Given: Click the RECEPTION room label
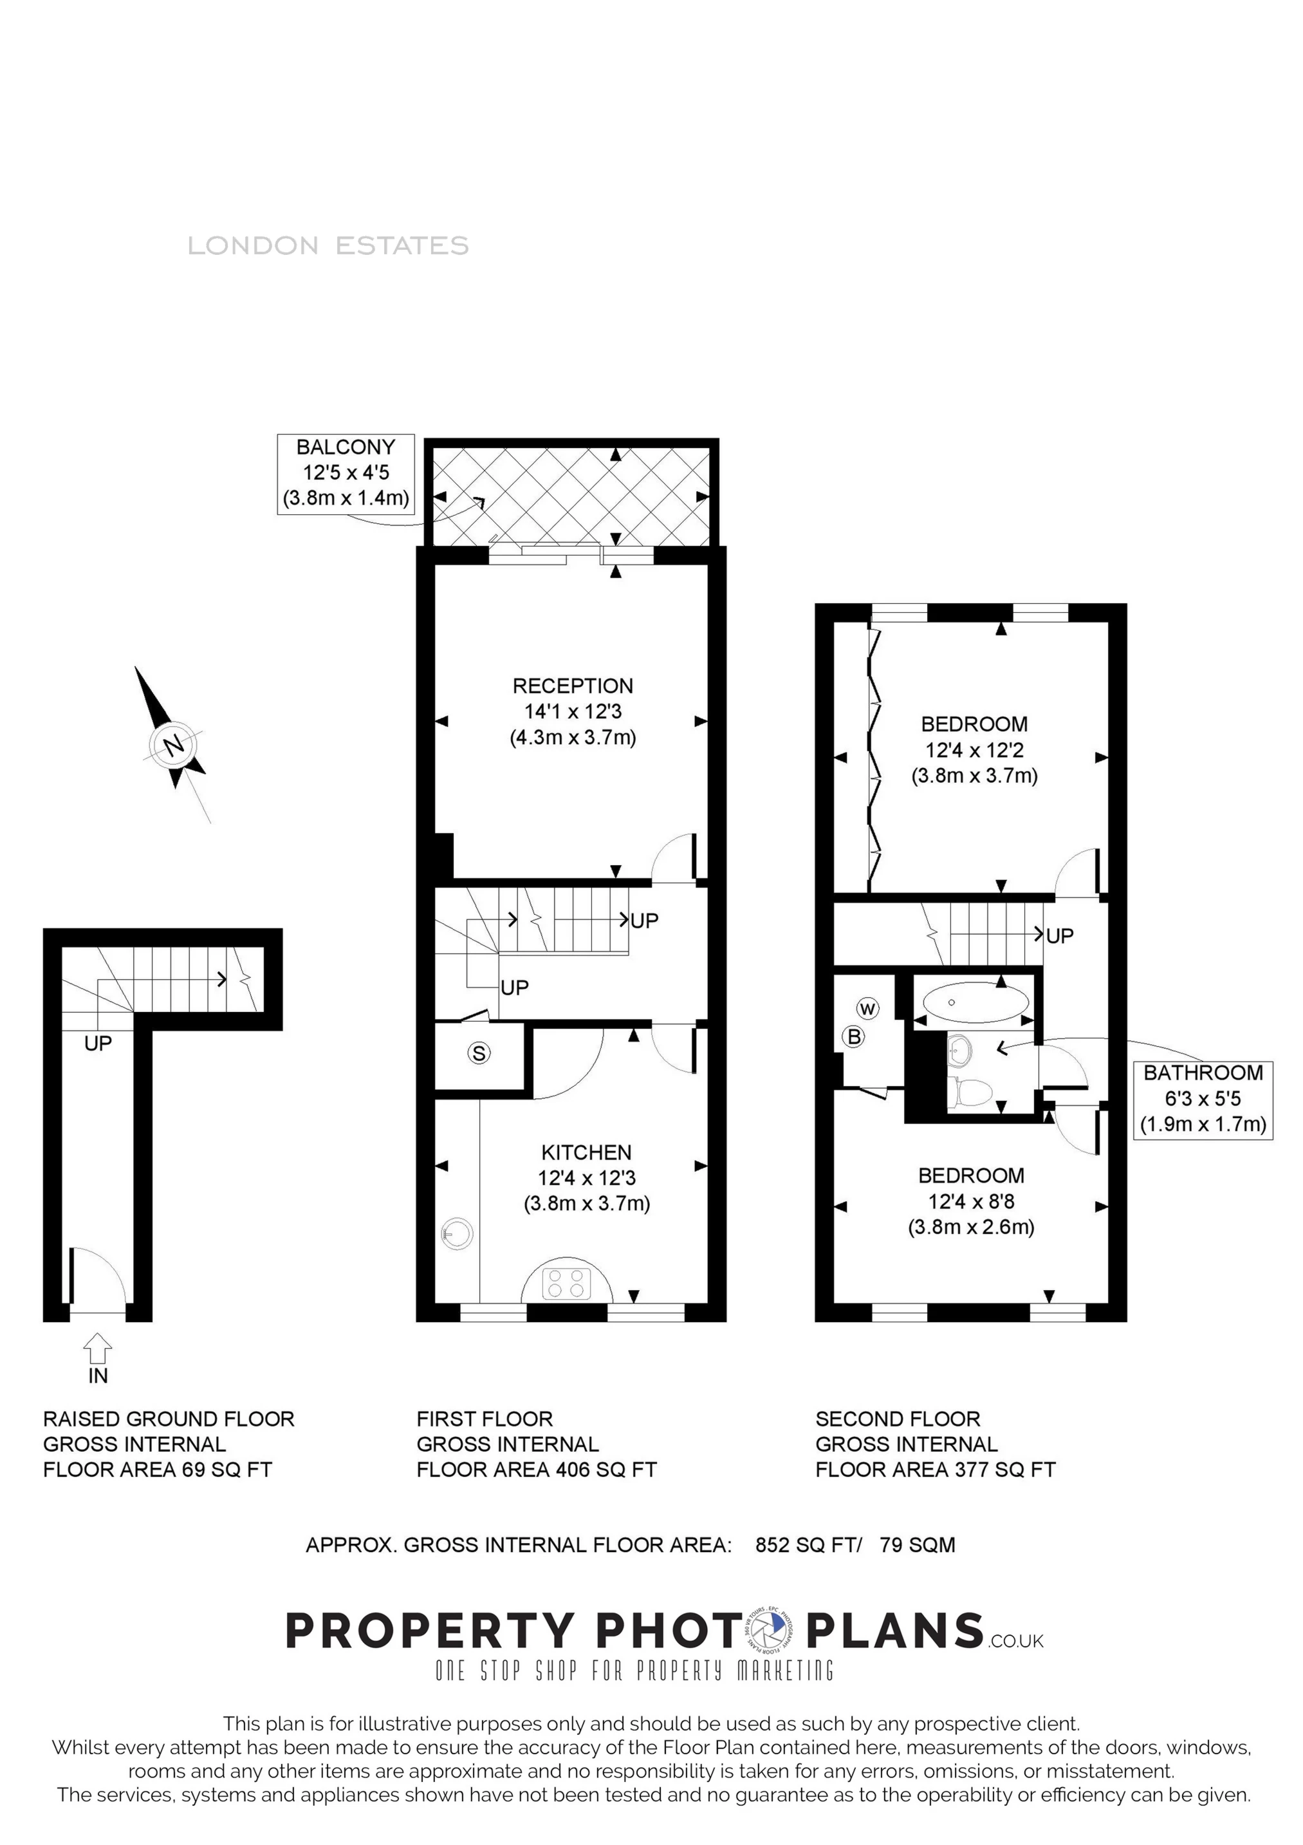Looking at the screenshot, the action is [573, 686].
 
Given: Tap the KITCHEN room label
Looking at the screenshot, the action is [586, 1152].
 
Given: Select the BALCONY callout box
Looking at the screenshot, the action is [346, 474].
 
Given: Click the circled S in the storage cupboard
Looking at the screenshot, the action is [479, 1053].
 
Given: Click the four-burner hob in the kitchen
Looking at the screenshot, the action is [566, 1282].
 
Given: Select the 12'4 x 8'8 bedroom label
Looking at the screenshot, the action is [971, 1201].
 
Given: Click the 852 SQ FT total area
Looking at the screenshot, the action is [808, 1544].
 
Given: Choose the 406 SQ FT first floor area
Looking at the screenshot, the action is [604, 1470].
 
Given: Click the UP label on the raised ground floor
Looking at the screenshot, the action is [98, 1043].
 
